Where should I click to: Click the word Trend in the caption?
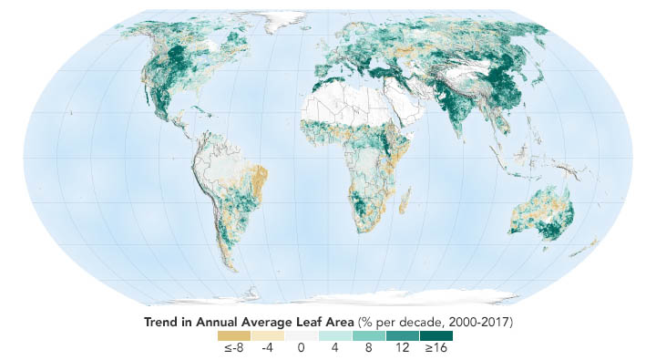(x=162, y=322)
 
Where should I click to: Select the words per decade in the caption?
(x=410, y=322)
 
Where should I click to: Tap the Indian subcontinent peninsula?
(x=456, y=137)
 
